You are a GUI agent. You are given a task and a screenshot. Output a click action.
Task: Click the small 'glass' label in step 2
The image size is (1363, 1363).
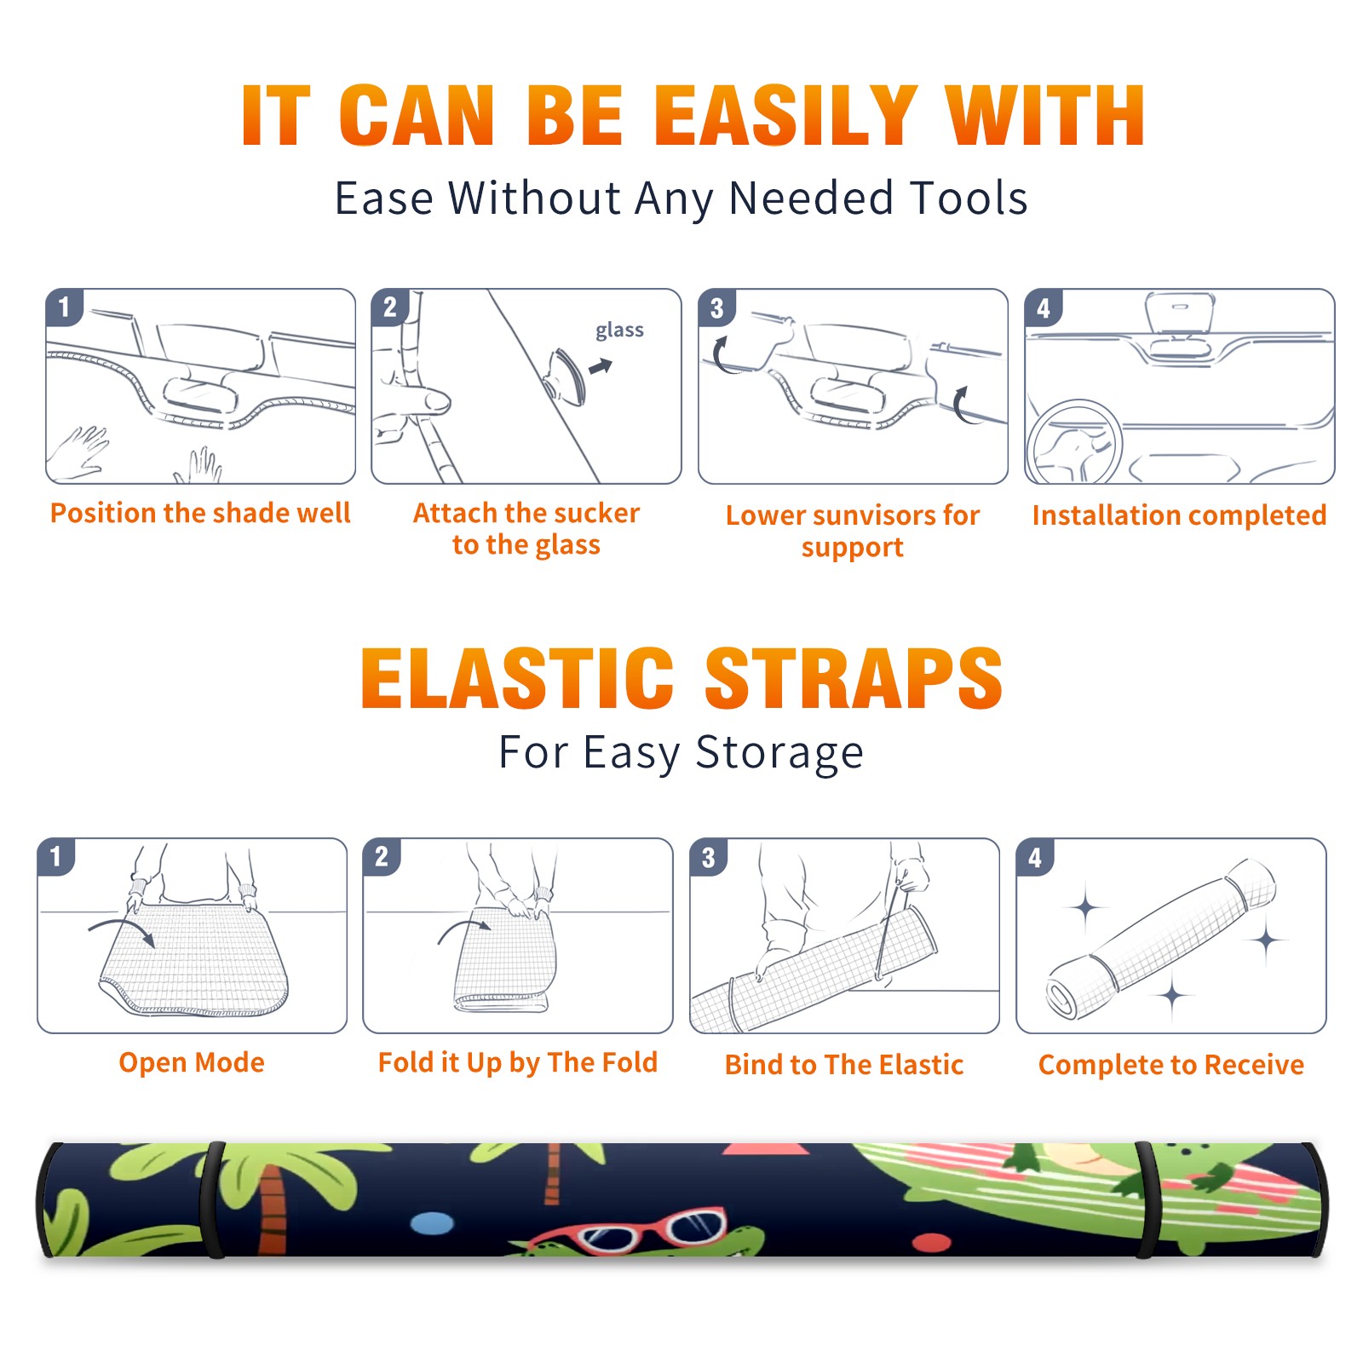[x=619, y=330]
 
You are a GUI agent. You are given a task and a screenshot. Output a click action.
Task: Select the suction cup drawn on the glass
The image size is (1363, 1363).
[x=566, y=377]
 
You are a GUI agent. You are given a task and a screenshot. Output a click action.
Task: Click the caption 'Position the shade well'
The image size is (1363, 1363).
[x=200, y=513]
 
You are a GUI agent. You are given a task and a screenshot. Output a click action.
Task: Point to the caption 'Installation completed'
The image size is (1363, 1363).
[x=1179, y=515]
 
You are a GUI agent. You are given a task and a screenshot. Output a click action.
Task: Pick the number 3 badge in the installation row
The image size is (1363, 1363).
[x=716, y=308]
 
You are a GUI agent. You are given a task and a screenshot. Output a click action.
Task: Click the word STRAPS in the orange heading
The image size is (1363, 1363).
[x=854, y=678]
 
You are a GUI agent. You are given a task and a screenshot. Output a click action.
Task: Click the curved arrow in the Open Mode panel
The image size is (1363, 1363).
[x=122, y=927]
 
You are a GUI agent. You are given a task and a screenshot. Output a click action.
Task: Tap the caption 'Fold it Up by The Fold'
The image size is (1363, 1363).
[x=518, y=1062]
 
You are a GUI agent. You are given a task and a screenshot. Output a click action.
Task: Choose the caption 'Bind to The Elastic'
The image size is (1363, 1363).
[x=844, y=1065]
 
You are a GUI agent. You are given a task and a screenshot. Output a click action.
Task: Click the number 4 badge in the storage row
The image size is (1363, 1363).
[x=1035, y=857]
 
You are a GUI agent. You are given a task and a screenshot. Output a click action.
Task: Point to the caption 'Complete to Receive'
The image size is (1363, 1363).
[x=1171, y=1065]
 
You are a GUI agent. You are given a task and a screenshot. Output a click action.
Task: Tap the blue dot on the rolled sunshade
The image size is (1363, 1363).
[x=432, y=1224]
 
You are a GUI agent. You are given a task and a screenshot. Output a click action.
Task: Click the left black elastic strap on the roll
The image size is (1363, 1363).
[x=212, y=1200]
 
